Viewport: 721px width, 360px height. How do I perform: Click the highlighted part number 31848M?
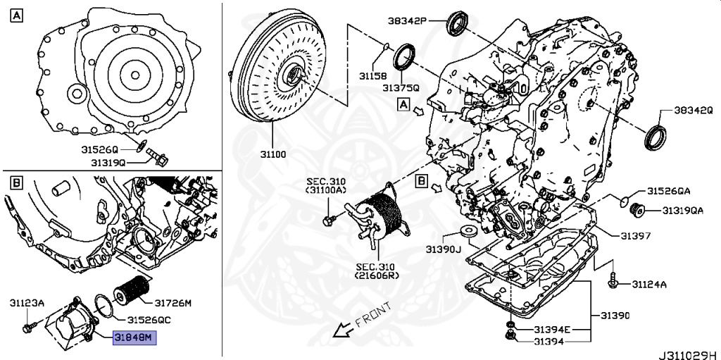(135, 338)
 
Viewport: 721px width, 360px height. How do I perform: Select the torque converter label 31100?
(272, 154)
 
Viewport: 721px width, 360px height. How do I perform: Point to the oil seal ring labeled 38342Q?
(654, 137)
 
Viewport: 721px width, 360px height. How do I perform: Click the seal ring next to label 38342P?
(458, 23)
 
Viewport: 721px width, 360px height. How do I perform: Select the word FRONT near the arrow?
(373, 314)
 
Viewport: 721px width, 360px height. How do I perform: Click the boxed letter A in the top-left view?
(16, 17)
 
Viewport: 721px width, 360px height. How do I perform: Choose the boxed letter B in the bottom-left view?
(16, 184)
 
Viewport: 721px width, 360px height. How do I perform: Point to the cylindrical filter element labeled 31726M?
(131, 289)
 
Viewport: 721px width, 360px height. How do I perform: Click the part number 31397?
(636, 236)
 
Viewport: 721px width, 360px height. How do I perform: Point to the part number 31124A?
(648, 285)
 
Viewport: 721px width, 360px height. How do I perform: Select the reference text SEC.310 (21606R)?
(377, 271)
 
